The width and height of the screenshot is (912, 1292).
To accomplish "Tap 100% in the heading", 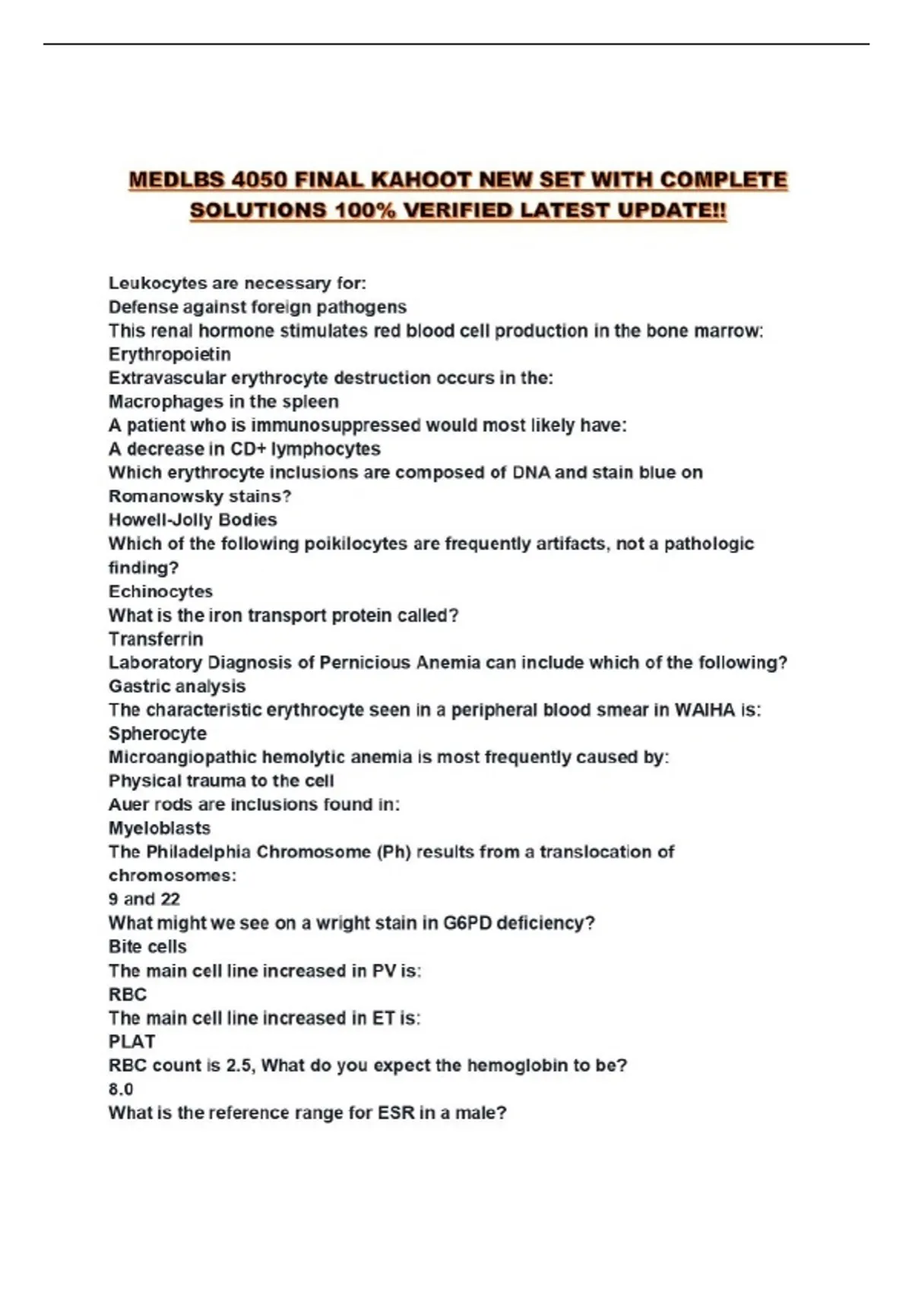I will pos(365,211).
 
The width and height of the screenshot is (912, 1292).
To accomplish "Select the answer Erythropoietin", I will pos(169,354).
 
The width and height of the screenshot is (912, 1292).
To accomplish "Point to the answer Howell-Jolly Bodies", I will pos(192,520).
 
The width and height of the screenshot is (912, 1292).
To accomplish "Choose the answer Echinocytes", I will pos(160,591).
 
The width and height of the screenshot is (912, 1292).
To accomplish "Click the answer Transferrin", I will pos(156,638).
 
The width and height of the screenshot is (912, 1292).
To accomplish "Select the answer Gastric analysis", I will pos(177,686).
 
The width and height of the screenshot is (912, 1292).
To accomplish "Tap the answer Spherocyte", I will pos(157,733).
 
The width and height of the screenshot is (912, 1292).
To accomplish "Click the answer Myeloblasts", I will pos(160,828).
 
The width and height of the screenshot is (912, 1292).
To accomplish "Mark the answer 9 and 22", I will pos(144,899).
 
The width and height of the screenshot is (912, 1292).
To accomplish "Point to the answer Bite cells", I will pos(147,946).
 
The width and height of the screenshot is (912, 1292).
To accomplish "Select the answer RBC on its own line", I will pos(128,994).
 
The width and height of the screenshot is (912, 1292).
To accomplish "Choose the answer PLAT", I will pos(131,1041).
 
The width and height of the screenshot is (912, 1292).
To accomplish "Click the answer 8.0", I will pos(121,1089).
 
